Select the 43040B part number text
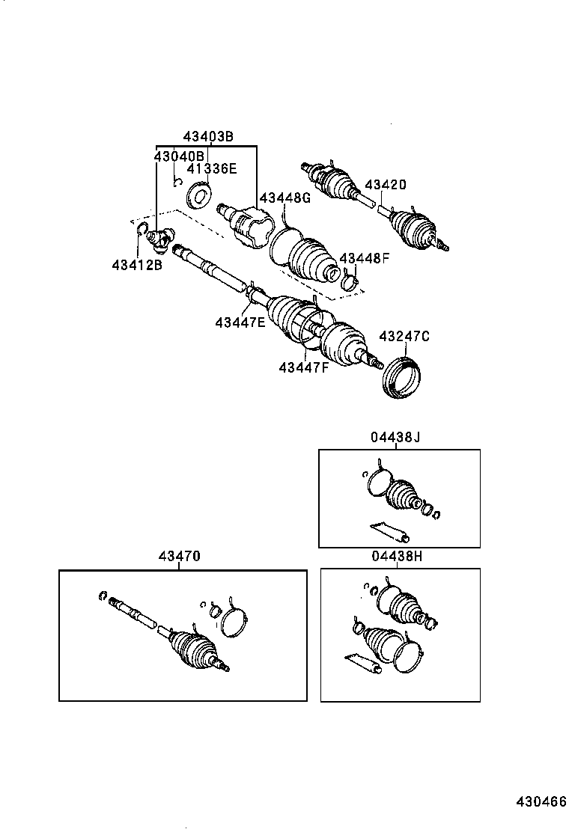tap(179, 156)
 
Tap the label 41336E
tap(212, 169)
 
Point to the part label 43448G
tap(284, 198)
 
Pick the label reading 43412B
tap(137, 265)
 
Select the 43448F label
tap(365, 258)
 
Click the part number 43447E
tap(240, 322)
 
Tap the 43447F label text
tap(304, 367)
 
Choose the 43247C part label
tap(404, 337)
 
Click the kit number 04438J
tap(395, 438)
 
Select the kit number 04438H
tap(396, 557)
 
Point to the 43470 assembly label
tap(179, 557)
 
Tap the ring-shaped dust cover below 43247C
tap(401, 379)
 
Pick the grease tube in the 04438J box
tap(390, 530)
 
